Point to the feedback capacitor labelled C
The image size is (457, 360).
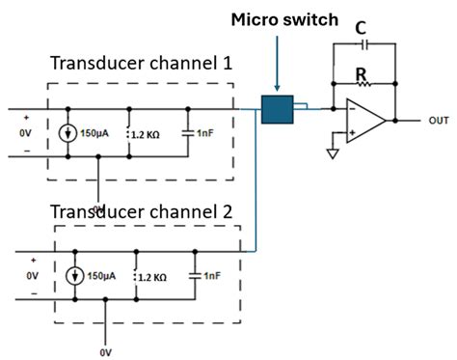pos(363,45)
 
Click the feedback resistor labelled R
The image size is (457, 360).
pos(363,84)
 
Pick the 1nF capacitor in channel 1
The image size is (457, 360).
pos(188,133)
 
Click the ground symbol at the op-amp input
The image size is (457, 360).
pos(334,153)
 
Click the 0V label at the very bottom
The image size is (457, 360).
pos(106,353)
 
